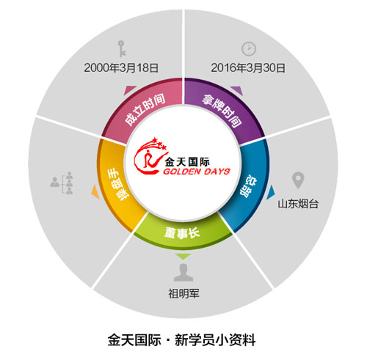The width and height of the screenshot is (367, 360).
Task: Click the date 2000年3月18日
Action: tap(121, 67)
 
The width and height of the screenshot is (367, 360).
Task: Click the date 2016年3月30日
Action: tap(248, 67)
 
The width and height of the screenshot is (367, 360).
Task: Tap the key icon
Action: tap(122, 48)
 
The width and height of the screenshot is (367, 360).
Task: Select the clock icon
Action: tap(249, 48)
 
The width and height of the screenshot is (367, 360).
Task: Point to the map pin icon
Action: tap(298, 180)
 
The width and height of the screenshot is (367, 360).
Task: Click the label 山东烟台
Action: tap(298, 204)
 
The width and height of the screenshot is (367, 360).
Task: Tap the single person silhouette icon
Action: tap(183, 273)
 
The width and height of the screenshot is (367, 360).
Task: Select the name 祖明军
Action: tap(183, 293)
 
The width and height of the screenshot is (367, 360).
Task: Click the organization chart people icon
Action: tap(62, 183)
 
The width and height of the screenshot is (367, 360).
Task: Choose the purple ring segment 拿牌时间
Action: tap(224, 108)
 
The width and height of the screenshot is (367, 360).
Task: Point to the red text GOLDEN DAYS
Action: tap(197, 172)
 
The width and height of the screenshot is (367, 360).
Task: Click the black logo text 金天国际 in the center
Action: tap(187, 161)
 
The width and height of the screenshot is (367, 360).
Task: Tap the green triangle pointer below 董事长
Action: tap(183, 257)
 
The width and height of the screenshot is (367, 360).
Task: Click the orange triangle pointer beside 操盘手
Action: tap(95, 191)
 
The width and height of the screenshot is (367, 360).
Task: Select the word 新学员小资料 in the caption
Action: tap(215, 339)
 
